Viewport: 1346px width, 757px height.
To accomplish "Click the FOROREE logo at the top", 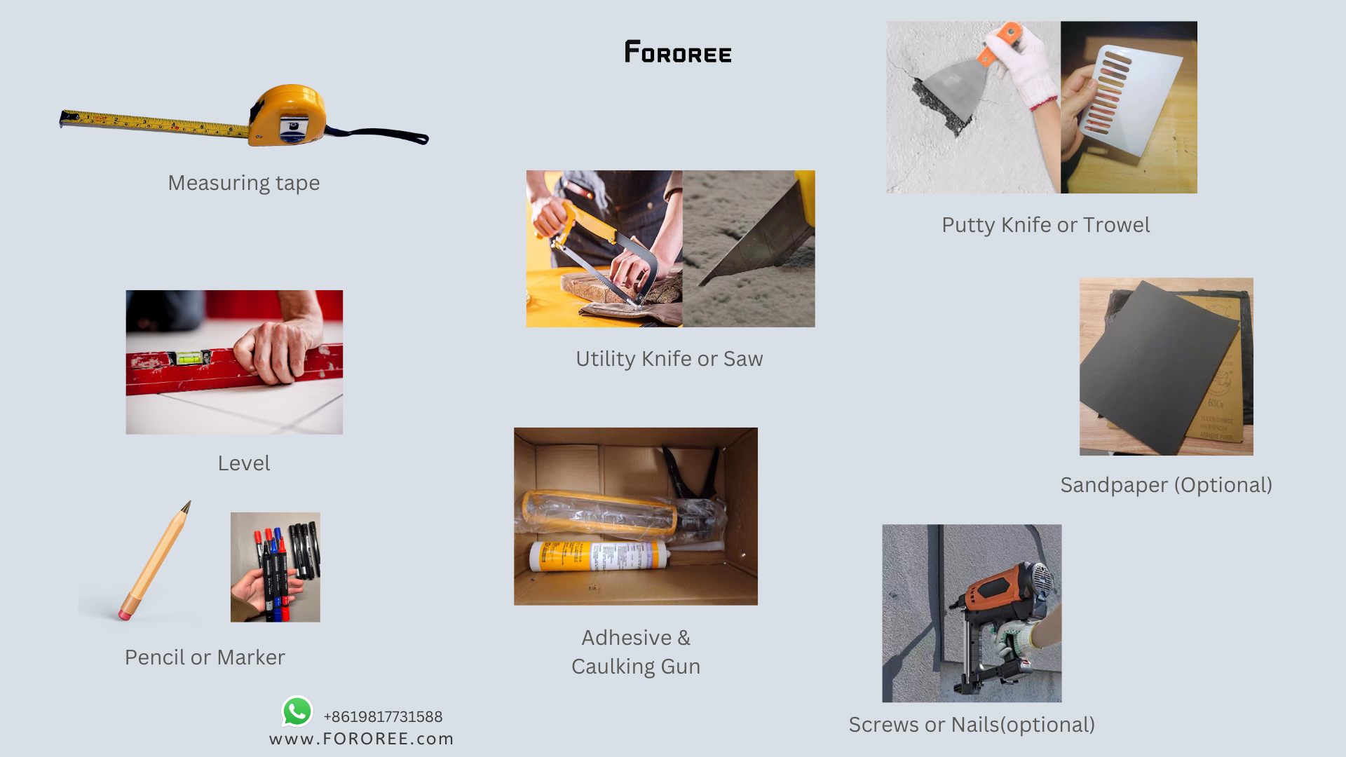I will click(x=678, y=52).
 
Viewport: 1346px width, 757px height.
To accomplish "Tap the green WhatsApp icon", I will click(x=297, y=711).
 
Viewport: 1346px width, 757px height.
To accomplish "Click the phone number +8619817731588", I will click(x=383, y=716).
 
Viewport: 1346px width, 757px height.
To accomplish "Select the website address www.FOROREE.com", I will click(x=361, y=739).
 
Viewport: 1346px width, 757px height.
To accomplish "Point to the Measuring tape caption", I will click(x=243, y=183).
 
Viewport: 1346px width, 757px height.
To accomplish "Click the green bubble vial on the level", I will click(x=188, y=358).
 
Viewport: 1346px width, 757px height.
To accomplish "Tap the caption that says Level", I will click(x=243, y=463).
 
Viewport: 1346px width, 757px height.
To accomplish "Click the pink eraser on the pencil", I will click(x=125, y=615).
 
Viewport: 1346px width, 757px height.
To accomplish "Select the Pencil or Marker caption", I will click(x=205, y=657).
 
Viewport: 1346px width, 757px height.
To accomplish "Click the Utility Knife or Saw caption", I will click(x=669, y=359).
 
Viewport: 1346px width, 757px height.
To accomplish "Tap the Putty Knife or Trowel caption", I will click(x=1045, y=225).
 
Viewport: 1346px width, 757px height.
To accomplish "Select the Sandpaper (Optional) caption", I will click(x=1166, y=485).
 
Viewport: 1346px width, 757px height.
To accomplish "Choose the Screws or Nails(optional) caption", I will click(x=972, y=725).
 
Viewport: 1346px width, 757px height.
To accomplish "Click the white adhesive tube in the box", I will click(x=596, y=557).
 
